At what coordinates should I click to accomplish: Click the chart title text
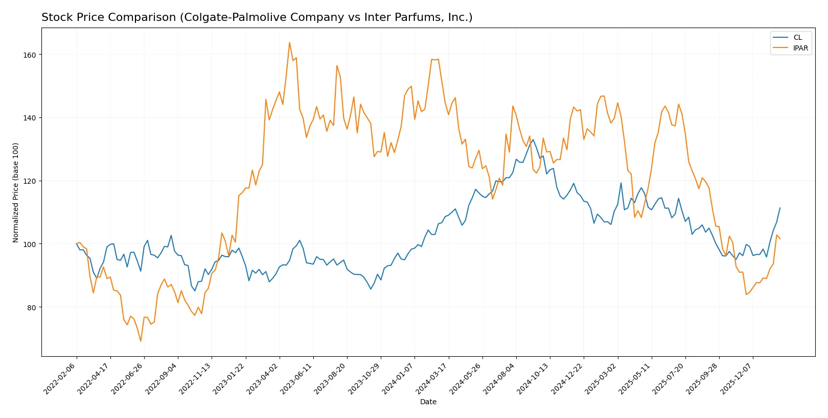tap(257, 17)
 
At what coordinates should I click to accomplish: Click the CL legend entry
tap(797, 37)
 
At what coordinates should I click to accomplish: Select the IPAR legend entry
tap(800, 48)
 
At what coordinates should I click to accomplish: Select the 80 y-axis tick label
tap(32, 307)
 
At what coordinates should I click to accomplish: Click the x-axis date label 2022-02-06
tap(60, 378)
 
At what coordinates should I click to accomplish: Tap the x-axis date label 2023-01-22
tap(229, 378)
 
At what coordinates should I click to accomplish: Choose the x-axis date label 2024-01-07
tap(399, 378)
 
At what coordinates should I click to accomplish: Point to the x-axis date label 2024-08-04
tap(500, 378)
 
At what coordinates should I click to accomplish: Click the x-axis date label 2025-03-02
tap(602, 378)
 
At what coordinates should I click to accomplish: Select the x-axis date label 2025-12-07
tap(737, 378)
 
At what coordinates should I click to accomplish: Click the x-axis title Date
tap(428, 402)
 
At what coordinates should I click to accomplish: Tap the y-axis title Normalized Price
tap(15, 192)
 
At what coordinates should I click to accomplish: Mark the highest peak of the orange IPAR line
tap(289, 42)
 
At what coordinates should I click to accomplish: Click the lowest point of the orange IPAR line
tap(141, 341)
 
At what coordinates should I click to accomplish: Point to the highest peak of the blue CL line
tap(533, 139)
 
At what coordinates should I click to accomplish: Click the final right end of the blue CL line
tap(780, 208)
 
